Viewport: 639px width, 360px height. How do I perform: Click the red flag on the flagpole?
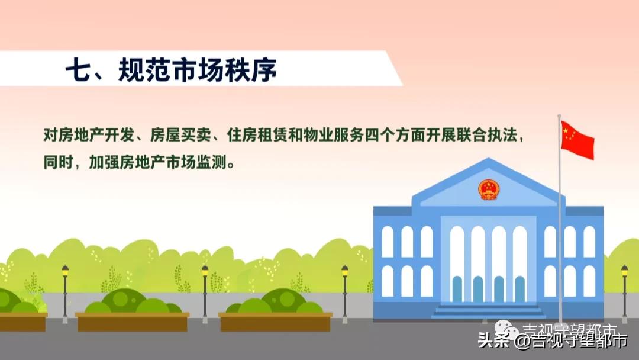point(577,140)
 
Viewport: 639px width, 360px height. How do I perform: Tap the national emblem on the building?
point(488,189)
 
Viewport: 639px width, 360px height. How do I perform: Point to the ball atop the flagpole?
point(559,116)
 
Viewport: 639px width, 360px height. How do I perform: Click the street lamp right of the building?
point(624,290)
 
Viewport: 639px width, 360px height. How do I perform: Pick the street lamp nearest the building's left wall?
point(344,290)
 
